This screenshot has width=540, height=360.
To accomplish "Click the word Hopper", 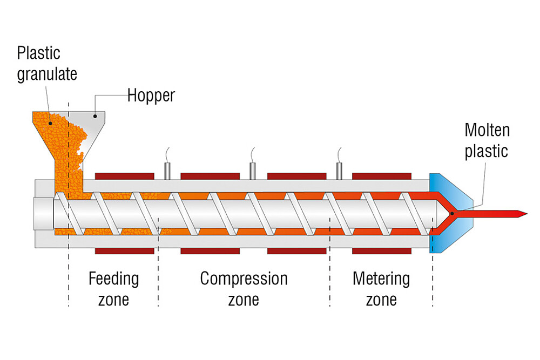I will click(x=151, y=96).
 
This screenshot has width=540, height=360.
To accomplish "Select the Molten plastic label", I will click(x=487, y=140).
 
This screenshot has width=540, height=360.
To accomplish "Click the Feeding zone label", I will click(x=113, y=289).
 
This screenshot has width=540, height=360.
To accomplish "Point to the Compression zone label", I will click(x=244, y=289).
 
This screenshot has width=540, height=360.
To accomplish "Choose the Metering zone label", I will click(x=381, y=289).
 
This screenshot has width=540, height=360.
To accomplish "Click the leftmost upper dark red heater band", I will click(x=125, y=176).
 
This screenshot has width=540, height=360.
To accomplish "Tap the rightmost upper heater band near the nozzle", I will click(x=381, y=176).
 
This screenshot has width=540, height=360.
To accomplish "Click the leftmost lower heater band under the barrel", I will click(x=125, y=251).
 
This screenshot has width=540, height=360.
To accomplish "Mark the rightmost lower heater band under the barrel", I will click(x=381, y=251).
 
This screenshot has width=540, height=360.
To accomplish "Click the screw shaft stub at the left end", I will click(x=43, y=214).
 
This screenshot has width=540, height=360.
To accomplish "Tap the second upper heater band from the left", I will click(x=210, y=176).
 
